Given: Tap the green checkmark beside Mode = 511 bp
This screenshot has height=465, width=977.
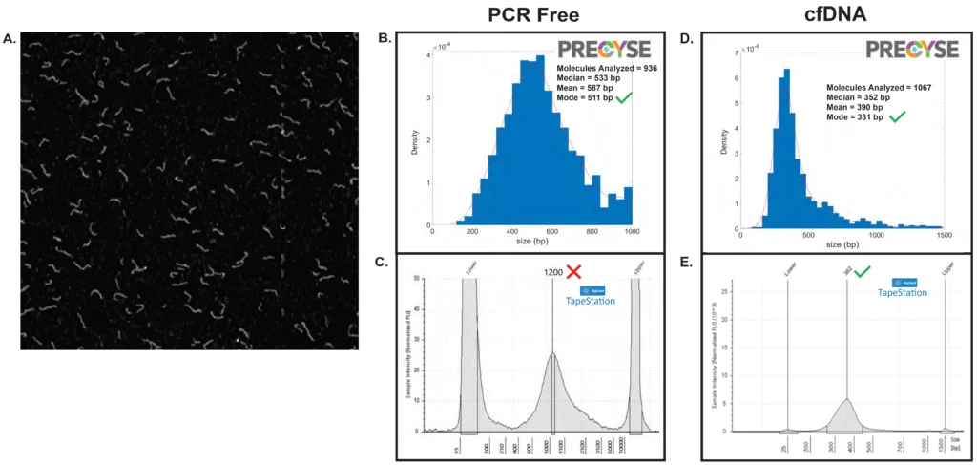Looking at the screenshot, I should tap(625, 99).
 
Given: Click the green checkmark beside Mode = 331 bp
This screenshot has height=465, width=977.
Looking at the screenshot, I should tap(898, 116).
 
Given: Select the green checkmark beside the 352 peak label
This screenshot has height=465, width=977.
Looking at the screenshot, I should tap(862, 273).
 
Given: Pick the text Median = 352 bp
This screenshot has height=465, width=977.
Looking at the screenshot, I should tap(859, 96).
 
